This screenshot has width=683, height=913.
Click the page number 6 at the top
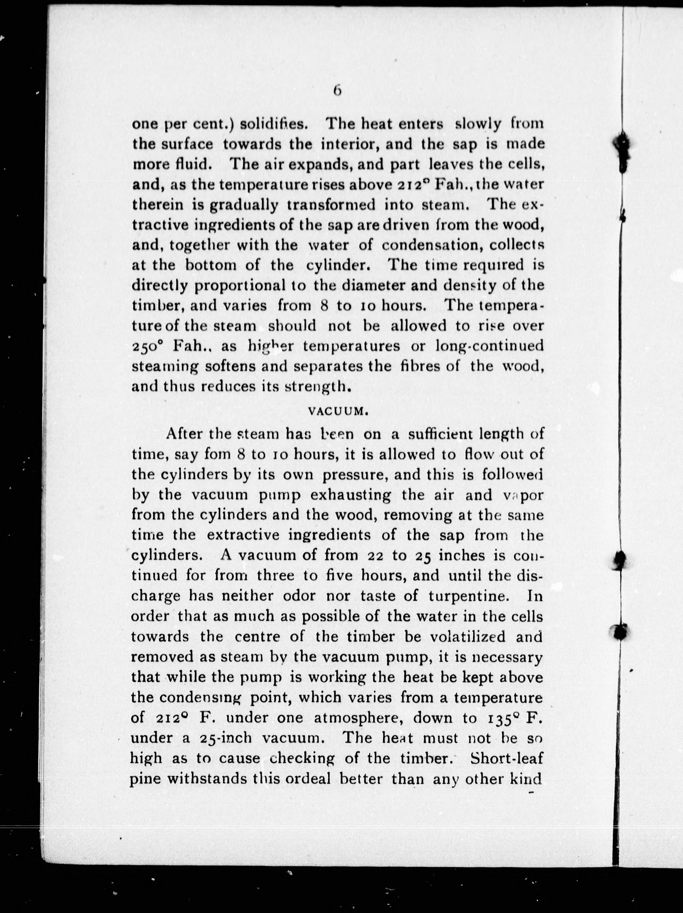337,90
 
